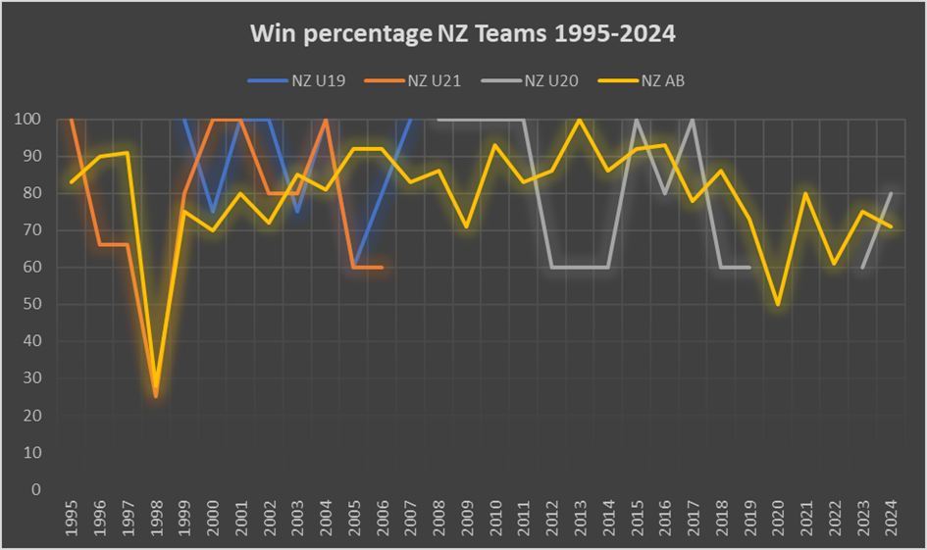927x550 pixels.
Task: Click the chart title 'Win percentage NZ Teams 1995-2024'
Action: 463,34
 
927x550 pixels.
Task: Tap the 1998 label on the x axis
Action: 156,519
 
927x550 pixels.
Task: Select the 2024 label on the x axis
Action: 891,519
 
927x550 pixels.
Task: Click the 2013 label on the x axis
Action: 580,519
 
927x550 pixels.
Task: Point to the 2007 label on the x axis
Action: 410,519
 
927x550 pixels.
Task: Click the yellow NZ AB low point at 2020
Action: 778,304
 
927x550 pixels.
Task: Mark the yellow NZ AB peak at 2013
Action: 580,120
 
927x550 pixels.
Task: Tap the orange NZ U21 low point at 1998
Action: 155,396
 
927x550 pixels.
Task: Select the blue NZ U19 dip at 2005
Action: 353,267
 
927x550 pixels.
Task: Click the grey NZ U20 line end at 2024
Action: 891,193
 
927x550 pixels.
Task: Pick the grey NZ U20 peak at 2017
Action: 693,120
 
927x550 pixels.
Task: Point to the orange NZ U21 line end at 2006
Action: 381,268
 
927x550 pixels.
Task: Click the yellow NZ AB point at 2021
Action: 805,193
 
